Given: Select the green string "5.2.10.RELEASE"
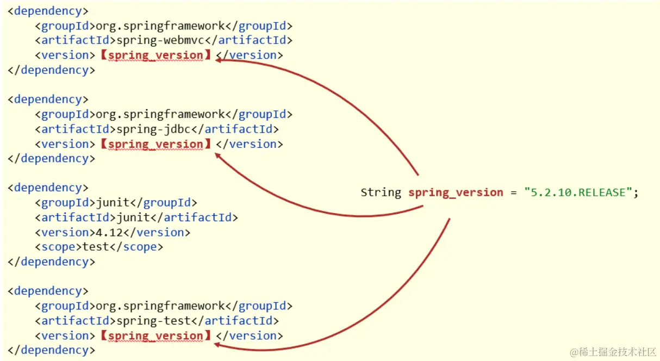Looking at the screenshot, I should [578, 192].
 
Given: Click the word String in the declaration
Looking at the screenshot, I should [381, 192].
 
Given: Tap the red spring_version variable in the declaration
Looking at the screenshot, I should [456, 192].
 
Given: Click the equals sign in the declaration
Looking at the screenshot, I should [514, 192].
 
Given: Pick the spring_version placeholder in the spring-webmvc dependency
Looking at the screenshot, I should [155, 55].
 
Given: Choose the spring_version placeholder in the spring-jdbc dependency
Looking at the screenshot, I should [155, 144].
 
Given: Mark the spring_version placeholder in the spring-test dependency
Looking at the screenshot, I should [155, 336].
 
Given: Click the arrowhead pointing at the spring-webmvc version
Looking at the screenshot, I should [219, 60].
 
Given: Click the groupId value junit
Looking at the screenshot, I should [113, 203].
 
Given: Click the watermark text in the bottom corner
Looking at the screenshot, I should [613, 352].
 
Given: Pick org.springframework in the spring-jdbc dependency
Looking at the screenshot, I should [160, 114].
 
